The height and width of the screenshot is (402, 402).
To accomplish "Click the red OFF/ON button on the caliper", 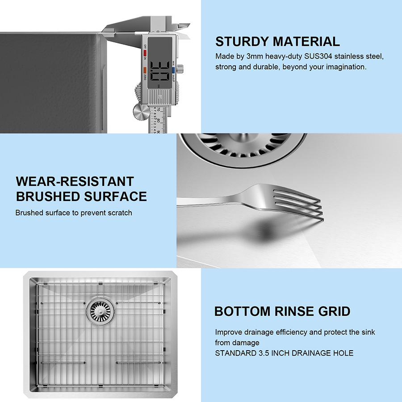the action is pyautogui.click(x=145, y=53).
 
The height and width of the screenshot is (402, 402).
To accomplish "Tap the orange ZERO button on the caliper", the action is pyautogui.click(x=145, y=70).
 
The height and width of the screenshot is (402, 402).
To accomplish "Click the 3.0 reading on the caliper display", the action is pyautogui.click(x=160, y=71).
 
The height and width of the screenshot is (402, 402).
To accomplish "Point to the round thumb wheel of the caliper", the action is pyautogui.click(x=141, y=111).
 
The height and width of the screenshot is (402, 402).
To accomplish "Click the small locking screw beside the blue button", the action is pyautogui.click(x=180, y=68).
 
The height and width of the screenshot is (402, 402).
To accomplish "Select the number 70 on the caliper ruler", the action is pyautogui.click(x=158, y=110).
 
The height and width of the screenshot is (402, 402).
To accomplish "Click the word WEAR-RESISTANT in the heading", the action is pyautogui.click(x=75, y=181).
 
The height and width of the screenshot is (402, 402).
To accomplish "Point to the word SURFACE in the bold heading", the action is pyautogui.click(x=115, y=197).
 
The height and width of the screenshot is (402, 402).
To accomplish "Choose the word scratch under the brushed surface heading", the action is pyautogui.click(x=120, y=213).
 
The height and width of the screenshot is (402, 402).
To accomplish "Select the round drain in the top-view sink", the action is pyautogui.click(x=100, y=311).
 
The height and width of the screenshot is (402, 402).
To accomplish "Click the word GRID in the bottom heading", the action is pyautogui.click(x=334, y=311).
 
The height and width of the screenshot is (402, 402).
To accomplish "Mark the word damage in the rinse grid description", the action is pyautogui.click(x=248, y=343).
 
